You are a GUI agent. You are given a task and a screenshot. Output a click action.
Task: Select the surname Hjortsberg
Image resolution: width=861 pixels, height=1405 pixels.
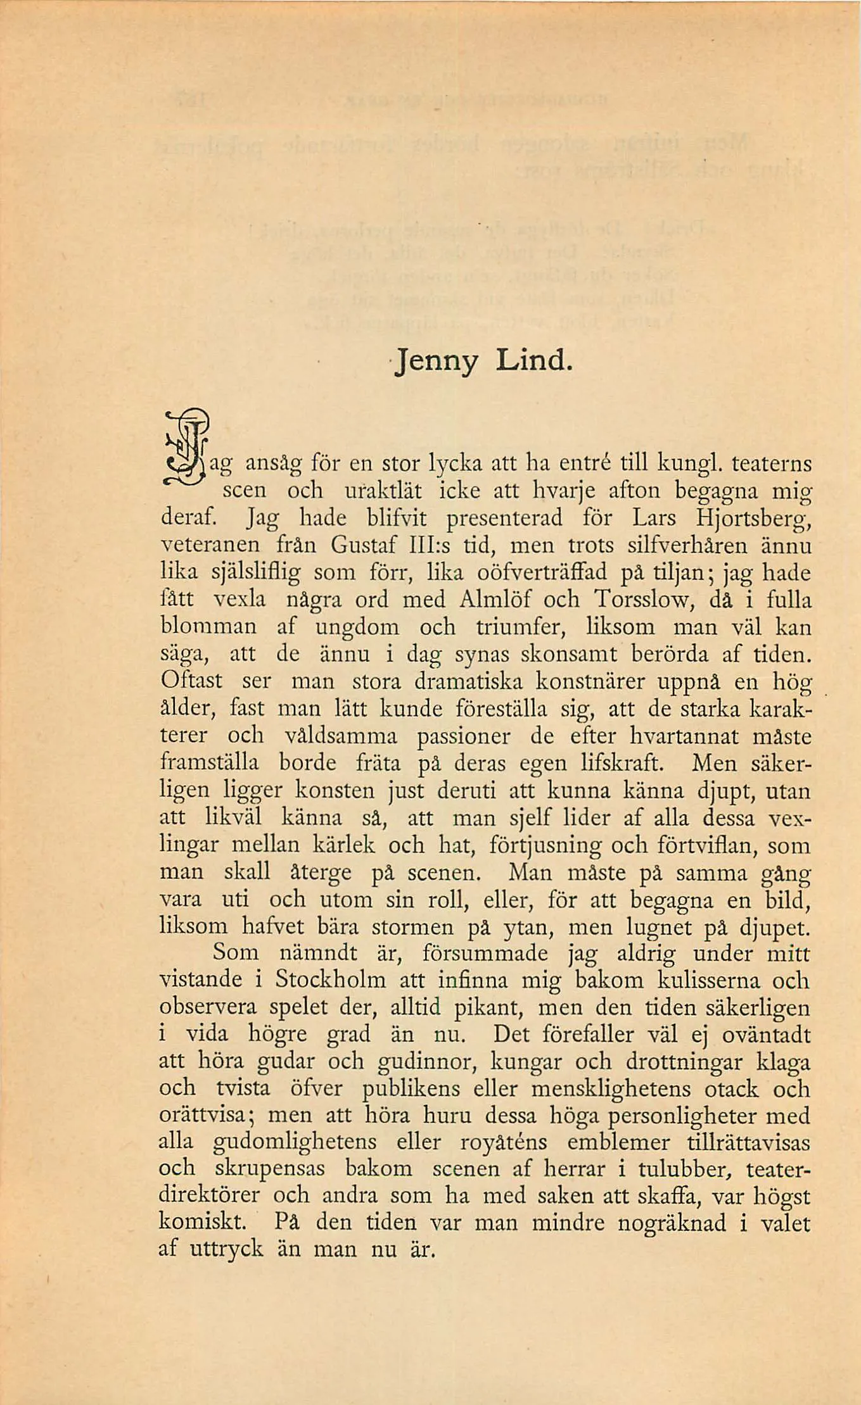pos(753,519)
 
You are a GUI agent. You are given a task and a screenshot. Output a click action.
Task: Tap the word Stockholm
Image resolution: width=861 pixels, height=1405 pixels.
pos(330,980)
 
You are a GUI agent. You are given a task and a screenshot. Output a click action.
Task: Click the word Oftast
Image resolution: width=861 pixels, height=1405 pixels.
pos(191,681)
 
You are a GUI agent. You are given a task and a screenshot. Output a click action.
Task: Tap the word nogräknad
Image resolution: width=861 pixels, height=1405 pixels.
pos(672,1223)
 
